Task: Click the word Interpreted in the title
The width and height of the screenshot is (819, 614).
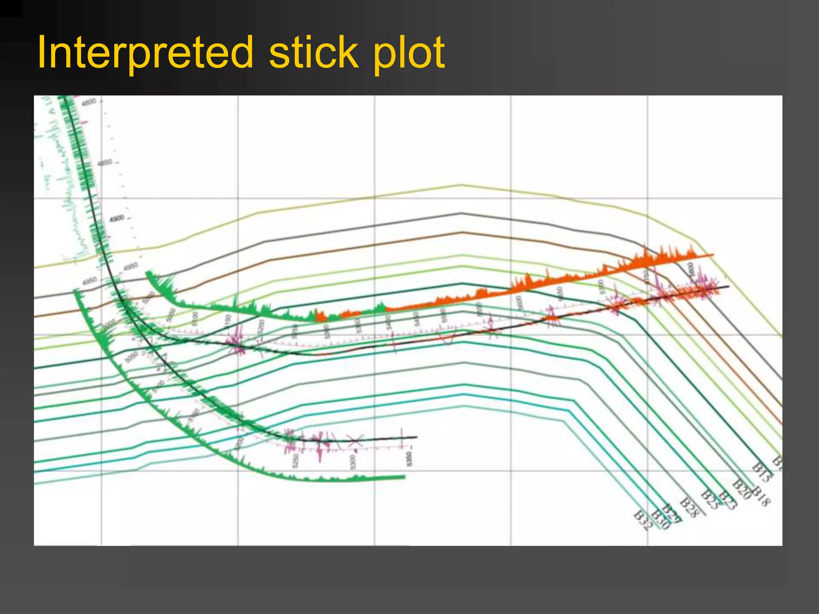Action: [145, 53]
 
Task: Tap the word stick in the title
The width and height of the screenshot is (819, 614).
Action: [314, 53]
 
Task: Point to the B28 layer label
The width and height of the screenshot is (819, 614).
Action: [689, 507]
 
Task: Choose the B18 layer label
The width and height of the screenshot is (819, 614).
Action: [761, 496]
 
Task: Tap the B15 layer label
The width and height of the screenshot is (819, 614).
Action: [762, 472]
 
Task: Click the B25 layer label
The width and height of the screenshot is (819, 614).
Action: [710, 499]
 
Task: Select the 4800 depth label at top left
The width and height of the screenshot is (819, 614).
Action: [89, 102]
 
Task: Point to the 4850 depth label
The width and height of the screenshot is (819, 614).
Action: [105, 163]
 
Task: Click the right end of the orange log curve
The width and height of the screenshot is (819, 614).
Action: [713, 254]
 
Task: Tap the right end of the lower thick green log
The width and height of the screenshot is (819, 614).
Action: [404, 477]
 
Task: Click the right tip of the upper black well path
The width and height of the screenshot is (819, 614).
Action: [728, 286]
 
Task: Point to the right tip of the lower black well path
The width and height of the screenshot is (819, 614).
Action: [416, 437]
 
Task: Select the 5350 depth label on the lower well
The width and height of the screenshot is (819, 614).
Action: [408, 459]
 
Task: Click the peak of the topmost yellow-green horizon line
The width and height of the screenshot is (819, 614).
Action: [461, 185]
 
